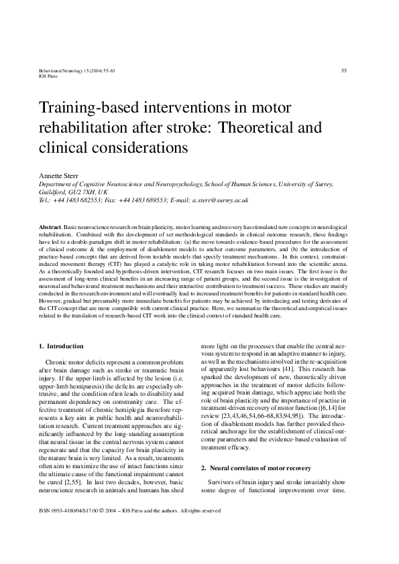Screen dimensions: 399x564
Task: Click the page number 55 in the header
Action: tap(343, 70)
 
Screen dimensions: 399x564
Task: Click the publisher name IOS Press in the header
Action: tap(50, 76)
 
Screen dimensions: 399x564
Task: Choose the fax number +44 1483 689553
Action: tap(143, 200)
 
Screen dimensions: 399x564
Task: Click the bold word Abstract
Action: tap(52, 228)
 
